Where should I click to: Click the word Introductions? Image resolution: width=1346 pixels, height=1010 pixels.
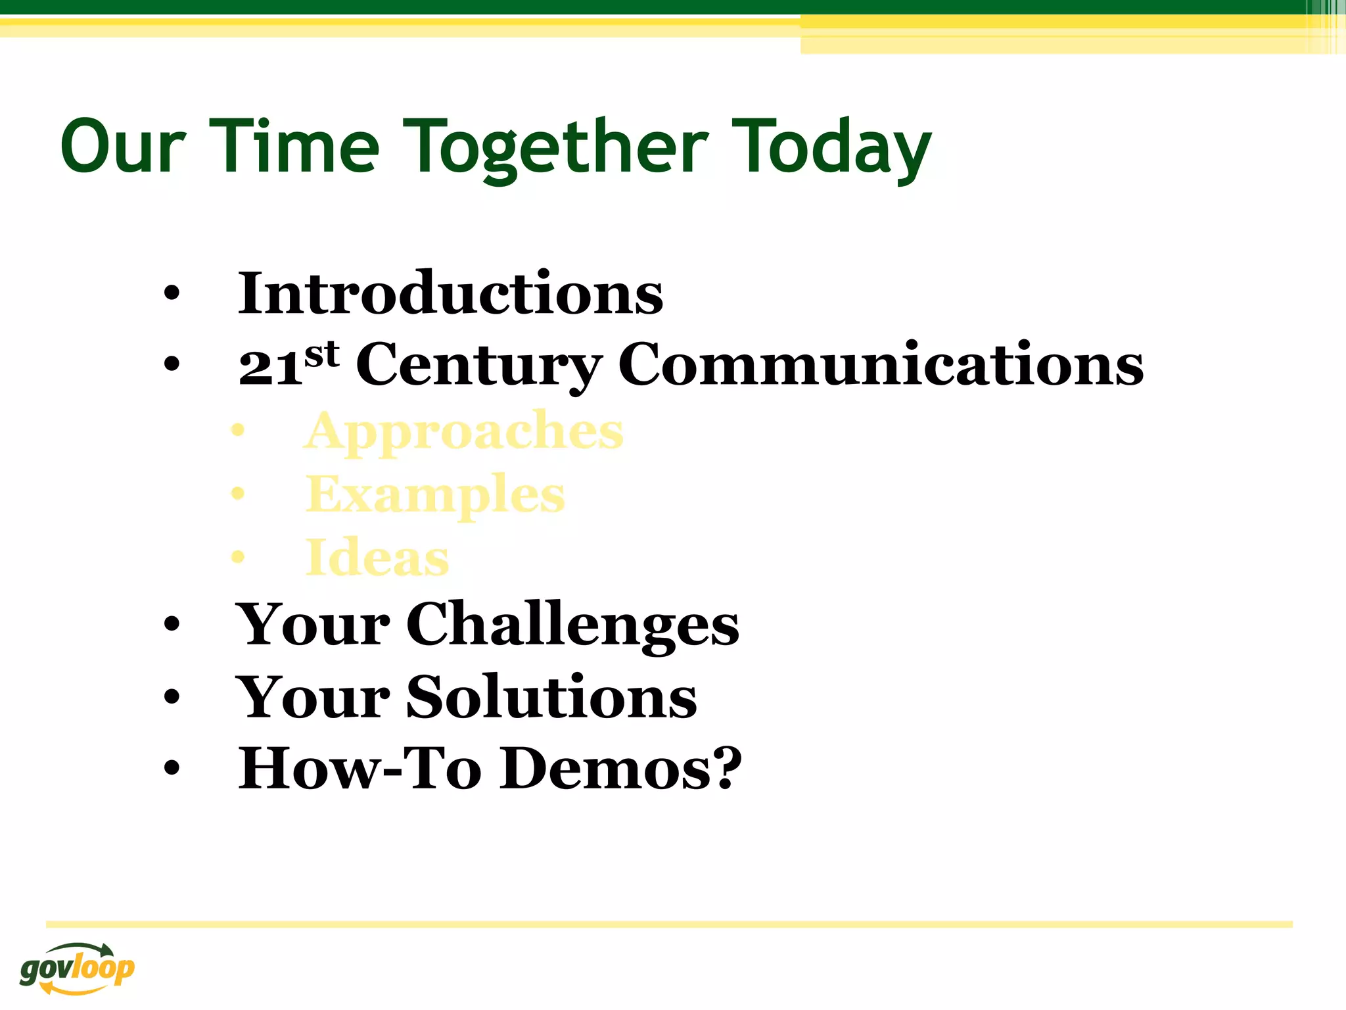pyautogui.click(x=450, y=293)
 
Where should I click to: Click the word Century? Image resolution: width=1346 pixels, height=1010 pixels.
pyautogui.click(x=478, y=366)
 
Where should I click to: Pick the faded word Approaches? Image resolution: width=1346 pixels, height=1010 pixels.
pyautogui.click(x=464, y=431)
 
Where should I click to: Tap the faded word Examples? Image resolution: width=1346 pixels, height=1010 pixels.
pyautogui.click(x=434, y=494)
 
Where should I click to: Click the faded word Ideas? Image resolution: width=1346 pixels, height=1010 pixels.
pyautogui.click(x=377, y=558)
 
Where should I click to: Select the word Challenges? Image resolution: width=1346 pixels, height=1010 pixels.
pyautogui.click(x=572, y=624)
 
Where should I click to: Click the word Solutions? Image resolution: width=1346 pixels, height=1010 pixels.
pyautogui.click(x=551, y=696)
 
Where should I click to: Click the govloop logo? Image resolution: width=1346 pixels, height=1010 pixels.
pyautogui.click(x=77, y=968)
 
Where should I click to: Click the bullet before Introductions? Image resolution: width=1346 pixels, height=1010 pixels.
pyautogui.click(x=172, y=295)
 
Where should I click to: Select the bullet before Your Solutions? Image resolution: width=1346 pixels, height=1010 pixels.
pyautogui.click(x=172, y=697)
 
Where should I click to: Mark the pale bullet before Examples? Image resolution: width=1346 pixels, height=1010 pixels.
pyautogui.click(x=237, y=494)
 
